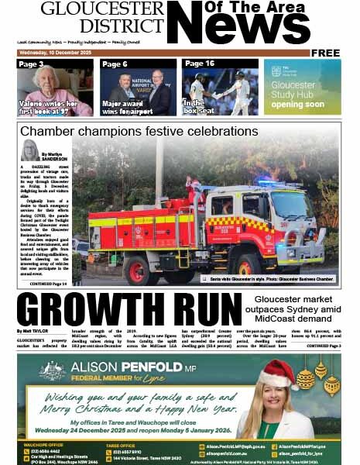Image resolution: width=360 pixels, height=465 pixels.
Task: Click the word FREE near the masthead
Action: coord(326,53)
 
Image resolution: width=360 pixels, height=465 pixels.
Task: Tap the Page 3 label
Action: coord(32,64)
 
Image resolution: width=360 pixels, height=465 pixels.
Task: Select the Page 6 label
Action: coord(115,64)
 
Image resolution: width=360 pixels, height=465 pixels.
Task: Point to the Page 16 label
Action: coord(200,64)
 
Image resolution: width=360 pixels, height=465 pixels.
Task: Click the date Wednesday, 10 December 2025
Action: coord(55,53)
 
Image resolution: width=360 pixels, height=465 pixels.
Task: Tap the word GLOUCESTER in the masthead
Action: coord(102,9)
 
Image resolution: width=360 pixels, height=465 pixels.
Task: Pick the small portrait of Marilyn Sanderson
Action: coord(30,150)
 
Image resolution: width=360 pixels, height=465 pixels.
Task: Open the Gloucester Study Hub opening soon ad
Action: coord(302,87)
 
